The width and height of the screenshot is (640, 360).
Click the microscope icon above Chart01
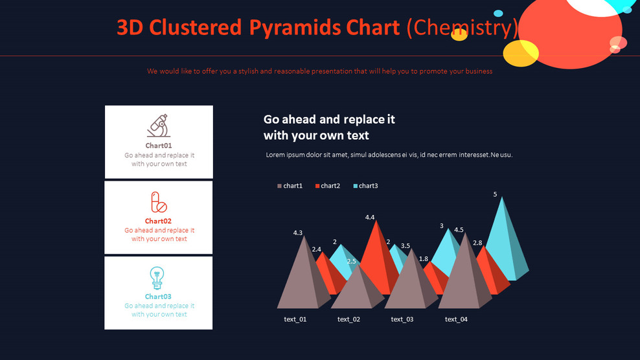click(159, 126)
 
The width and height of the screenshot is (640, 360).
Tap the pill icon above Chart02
click(159, 202)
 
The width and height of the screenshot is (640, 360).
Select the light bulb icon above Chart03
click(157, 277)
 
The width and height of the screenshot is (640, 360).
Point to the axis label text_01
click(295, 319)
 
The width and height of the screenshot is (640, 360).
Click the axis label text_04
click(456, 319)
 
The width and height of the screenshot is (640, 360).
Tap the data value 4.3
click(298, 232)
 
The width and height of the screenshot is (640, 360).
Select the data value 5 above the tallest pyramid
click(495, 194)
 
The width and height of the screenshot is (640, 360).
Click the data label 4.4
click(370, 218)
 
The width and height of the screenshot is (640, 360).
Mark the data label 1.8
click(424, 259)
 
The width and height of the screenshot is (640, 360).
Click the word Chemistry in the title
click(463, 27)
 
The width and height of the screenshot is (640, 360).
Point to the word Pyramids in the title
click(296, 27)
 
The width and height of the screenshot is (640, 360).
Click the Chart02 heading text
click(159, 221)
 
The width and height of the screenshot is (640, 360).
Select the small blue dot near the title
click(498, 13)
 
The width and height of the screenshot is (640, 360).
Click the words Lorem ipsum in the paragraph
click(286, 155)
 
